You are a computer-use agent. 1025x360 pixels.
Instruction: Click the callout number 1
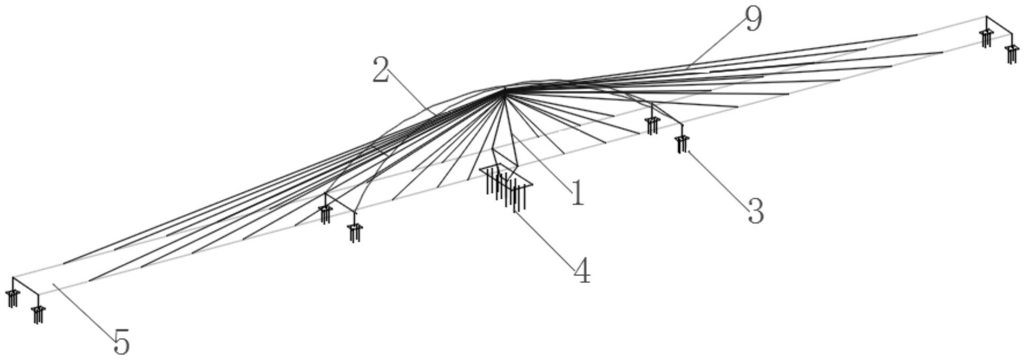577,192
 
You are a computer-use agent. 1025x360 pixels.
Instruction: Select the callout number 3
755,211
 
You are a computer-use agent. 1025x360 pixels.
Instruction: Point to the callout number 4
582,271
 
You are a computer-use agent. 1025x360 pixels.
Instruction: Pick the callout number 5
121,342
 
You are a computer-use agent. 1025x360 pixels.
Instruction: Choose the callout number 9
753,20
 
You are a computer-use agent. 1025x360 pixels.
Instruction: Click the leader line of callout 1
543,160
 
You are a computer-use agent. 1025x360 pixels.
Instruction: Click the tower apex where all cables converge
503,89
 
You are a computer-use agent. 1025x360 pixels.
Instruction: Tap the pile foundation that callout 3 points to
681,144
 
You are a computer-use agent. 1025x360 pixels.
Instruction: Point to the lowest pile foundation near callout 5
37,315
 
